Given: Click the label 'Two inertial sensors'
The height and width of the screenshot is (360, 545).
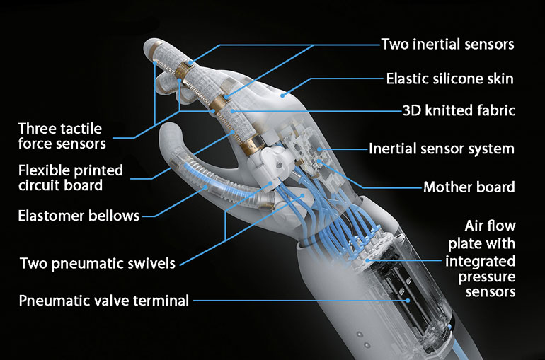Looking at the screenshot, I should coord(447,44).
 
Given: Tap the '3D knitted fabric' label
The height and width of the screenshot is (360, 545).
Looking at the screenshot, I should coord(458,110).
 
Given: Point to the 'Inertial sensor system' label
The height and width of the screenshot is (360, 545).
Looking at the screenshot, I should coord(442,149).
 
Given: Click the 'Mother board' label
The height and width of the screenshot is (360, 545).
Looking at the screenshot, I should coord(469,187).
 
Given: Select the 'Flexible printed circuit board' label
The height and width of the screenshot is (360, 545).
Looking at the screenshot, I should coord(70,178).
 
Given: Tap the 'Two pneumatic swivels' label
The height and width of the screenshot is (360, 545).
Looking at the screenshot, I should coord(98,264).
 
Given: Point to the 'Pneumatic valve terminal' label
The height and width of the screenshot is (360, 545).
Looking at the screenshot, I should coord(104,301).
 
